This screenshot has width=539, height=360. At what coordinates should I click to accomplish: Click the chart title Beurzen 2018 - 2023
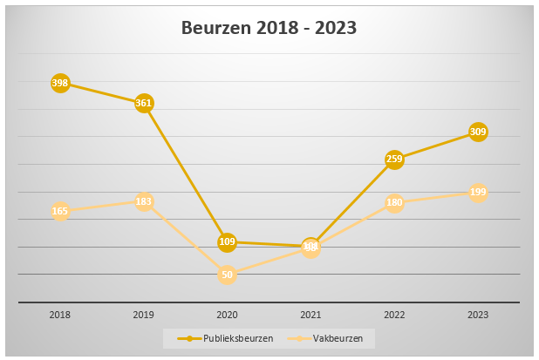click(x=269, y=27)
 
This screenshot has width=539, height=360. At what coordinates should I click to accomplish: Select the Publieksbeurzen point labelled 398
click(x=60, y=83)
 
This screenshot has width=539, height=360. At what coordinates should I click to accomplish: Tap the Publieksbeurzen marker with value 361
click(x=144, y=103)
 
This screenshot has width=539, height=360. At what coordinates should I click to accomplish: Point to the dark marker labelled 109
click(x=227, y=241)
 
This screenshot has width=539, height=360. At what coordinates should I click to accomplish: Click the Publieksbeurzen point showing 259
click(x=394, y=159)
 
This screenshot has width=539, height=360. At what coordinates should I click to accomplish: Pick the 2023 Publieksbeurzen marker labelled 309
click(x=478, y=132)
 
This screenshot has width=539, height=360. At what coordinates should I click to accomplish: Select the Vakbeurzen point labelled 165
click(x=60, y=211)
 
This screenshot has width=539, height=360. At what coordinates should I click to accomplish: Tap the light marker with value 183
click(x=144, y=201)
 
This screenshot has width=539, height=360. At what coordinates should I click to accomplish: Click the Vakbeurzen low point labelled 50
click(x=227, y=275)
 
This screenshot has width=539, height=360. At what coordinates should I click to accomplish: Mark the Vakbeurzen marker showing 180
click(x=394, y=202)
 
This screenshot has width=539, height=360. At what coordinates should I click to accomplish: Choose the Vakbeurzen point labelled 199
click(x=478, y=192)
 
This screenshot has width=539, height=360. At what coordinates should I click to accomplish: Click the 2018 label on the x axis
click(x=60, y=315)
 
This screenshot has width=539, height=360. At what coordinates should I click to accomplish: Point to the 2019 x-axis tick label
click(x=144, y=315)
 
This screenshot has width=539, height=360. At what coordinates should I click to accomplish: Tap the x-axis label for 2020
click(x=227, y=315)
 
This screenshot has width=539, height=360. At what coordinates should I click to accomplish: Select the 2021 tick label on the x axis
click(x=310, y=315)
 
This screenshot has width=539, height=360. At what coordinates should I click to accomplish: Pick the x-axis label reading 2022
click(x=394, y=315)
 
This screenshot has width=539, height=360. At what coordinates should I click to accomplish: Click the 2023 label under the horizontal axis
click(x=478, y=315)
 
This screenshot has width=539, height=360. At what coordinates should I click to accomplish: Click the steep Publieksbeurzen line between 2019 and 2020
click(x=185, y=172)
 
